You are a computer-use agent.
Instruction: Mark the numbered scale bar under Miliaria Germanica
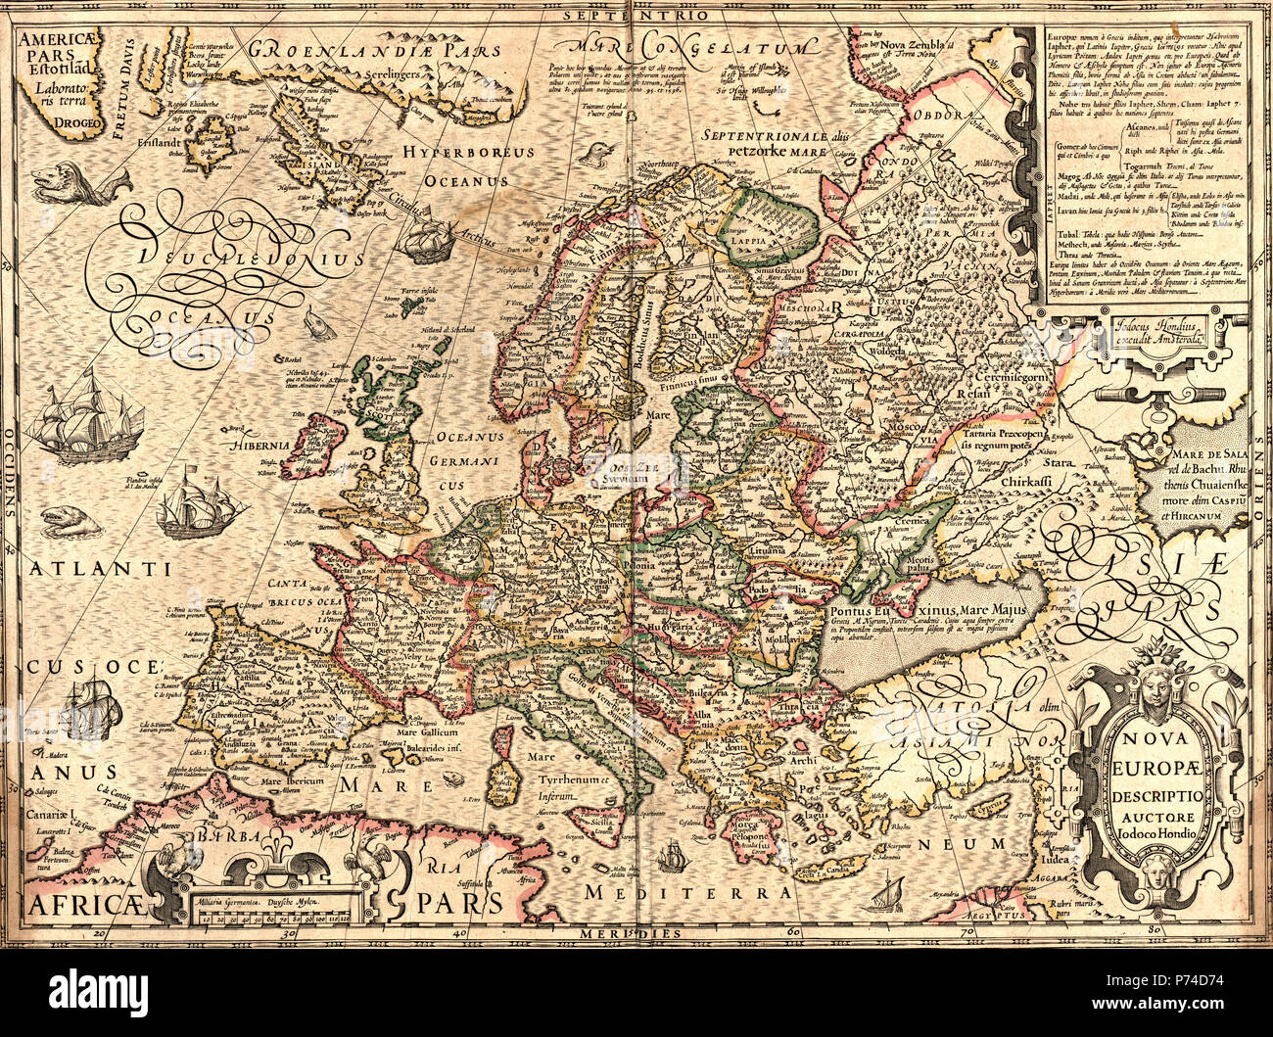click(275, 917)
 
